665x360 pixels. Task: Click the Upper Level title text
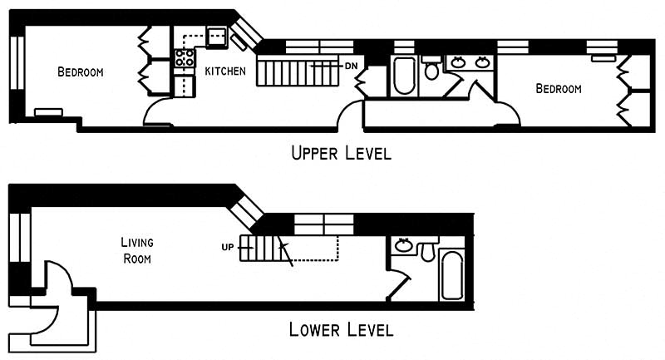[x=340, y=153]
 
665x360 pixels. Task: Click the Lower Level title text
[x=341, y=329]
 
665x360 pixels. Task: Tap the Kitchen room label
[x=224, y=72]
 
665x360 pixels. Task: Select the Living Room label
[x=137, y=249]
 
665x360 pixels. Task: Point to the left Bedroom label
[x=80, y=72]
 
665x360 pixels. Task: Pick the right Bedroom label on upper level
[x=558, y=89]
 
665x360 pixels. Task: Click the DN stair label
[x=352, y=65]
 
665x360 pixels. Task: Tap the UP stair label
[x=227, y=246]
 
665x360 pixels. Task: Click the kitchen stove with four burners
[x=184, y=58]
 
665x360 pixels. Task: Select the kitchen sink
[x=218, y=35]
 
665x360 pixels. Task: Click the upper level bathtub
[x=405, y=76]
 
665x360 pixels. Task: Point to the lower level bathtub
[x=452, y=274]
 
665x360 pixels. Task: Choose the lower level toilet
[x=429, y=248]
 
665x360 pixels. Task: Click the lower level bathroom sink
[x=404, y=245]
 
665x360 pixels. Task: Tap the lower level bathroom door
[x=397, y=284]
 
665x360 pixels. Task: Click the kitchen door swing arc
[x=158, y=112]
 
